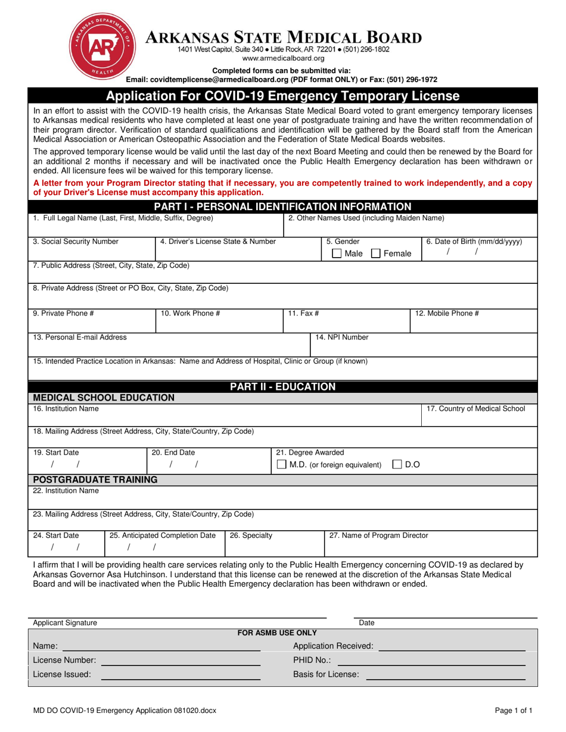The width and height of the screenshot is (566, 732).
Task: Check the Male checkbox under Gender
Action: [337, 254]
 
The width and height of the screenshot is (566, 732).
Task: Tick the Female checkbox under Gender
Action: [376, 254]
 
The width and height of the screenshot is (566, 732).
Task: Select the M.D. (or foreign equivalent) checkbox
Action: [282, 465]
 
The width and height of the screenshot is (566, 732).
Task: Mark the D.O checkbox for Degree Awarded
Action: [397, 465]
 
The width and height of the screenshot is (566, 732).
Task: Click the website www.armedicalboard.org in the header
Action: [284, 58]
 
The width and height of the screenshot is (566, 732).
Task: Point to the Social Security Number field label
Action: [76, 242]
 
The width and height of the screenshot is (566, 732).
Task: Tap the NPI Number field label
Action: [341, 337]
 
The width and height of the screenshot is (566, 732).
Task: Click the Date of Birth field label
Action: [474, 242]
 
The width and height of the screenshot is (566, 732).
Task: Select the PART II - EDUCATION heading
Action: [283, 387]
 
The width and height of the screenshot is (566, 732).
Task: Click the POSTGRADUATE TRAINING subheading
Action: [95, 480]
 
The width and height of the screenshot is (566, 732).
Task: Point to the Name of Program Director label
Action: [378, 536]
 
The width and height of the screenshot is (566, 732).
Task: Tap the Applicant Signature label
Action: [65, 622]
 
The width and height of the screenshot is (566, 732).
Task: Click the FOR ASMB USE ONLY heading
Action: [277, 633]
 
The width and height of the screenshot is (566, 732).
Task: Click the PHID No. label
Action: [312, 660]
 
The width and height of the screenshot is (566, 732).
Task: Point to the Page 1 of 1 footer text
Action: [514, 710]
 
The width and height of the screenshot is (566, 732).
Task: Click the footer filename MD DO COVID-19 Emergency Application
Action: [125, 710]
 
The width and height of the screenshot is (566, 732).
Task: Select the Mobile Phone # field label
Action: [447, 313]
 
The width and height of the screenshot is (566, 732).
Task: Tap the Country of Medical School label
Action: [476, 409]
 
